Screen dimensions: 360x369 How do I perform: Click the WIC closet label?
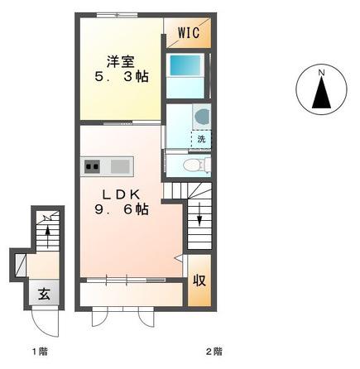coord(189,32)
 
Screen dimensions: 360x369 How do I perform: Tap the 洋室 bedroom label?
coord(121,61)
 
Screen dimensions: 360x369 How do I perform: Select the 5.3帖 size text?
coord(122,77)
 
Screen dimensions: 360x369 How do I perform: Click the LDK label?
coord(121,195)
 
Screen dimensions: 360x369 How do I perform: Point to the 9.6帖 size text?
coord(122,209)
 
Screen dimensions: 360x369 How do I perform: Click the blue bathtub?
coord(185,65)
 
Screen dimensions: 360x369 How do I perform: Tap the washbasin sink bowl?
coord(202,116)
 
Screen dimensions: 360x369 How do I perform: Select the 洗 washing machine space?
coord(201,139)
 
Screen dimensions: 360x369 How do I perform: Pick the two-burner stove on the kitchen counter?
coord(92,166)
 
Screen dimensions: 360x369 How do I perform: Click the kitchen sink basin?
coord(120,166)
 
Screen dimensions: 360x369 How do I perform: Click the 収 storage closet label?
coord(199,280)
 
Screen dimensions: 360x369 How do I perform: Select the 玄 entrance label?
coord(44,294)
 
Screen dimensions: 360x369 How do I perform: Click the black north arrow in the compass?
coord(321,92)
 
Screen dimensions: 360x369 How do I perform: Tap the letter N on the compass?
coord(321,73)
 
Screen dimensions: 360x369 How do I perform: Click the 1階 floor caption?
coord(40,352)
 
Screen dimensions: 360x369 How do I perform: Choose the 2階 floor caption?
coord(214,352)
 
